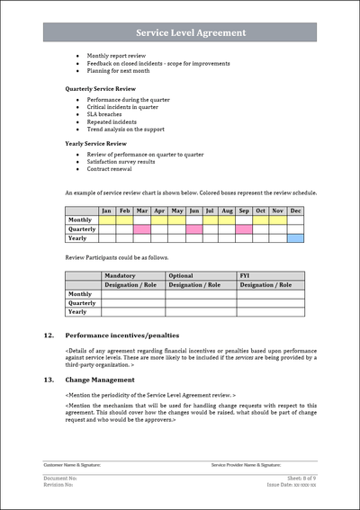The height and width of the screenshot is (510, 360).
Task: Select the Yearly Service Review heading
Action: coord(94,144)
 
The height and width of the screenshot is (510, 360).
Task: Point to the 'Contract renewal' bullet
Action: coord(111,168)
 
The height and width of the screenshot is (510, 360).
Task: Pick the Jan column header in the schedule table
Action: coord(106,210)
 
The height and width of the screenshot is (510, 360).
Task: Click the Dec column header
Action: coord(295,210)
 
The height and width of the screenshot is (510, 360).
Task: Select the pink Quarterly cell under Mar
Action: coord(141,229)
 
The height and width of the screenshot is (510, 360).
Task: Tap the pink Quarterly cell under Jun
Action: coord(194,229)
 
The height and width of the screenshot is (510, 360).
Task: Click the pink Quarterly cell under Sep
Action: coord(244,229)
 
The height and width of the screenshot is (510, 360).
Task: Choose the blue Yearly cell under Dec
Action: coord(295,238)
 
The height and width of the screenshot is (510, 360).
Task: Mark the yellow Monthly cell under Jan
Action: coord(106,219)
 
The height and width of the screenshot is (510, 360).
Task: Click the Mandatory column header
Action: coord(121,276)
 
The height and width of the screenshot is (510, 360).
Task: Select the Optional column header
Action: coord(181,276)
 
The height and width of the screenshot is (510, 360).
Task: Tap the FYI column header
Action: coord(245,276)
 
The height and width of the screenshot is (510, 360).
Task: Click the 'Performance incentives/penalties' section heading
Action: coord(121,335)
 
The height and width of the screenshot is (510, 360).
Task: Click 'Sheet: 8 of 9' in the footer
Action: coord(301,479)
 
